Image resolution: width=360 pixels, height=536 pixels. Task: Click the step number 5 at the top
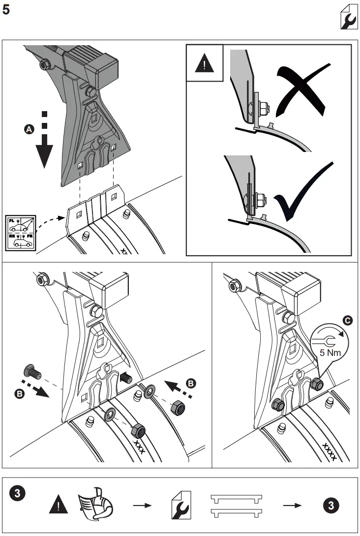click(x=6, y=10)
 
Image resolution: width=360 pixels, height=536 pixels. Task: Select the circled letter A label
click(x=29, y=129)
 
